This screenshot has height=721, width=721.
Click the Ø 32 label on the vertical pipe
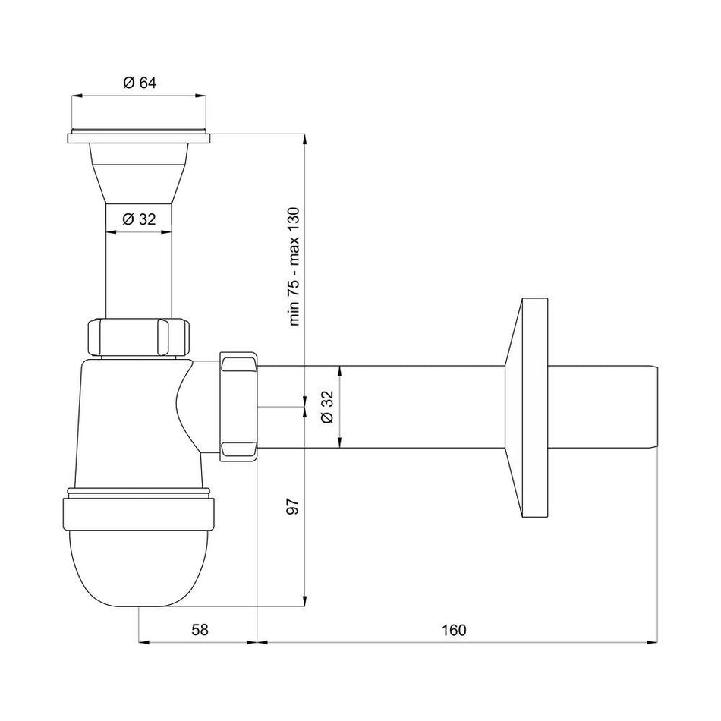(x=138, y=219)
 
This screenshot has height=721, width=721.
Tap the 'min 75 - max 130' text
(x=295, y=266)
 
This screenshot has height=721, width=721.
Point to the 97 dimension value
(x=295, y=506)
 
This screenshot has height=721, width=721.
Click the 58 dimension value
(x=199, y=629)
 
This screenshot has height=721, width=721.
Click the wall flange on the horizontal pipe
(x=530, y=408)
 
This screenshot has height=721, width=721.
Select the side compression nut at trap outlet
(x=239, y=407)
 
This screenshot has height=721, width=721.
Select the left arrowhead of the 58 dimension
(x=143, y=642)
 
